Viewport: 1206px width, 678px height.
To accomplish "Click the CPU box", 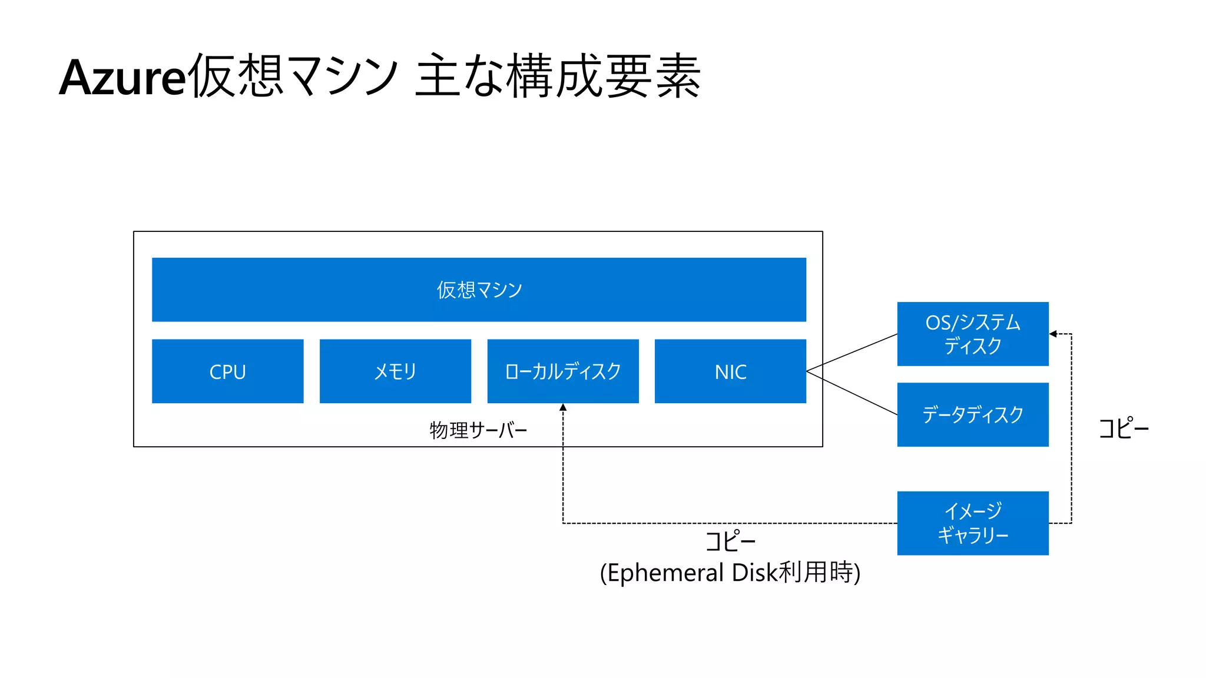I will pos(227,371).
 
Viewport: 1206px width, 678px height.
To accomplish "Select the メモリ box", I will pos(395,371).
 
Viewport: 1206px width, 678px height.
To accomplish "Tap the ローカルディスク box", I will pos(563,371).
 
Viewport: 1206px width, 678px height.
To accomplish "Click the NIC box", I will pos(730,371).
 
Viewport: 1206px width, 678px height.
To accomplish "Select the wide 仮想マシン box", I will pos(479,290).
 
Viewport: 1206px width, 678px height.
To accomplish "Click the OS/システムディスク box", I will pos(973,334).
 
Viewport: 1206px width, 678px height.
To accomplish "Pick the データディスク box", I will pos(973,414).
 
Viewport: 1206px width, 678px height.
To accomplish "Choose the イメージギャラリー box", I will pos(973,523).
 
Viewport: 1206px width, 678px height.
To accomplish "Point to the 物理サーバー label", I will pos(478,430).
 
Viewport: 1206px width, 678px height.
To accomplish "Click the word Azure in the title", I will pos(122,78).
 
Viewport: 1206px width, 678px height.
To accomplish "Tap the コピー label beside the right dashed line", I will pos(1124,428).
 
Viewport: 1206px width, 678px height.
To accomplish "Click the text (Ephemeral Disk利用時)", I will pos(730,573).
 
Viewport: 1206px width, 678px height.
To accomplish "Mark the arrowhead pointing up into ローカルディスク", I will pos(563,407).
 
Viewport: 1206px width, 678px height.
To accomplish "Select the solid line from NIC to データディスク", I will pos(852,393).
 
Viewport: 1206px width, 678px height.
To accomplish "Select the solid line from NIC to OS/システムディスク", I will pos(852,353).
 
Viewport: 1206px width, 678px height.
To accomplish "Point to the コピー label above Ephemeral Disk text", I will pos(730,540).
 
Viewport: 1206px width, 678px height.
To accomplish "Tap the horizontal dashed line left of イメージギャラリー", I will pos(730,523).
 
